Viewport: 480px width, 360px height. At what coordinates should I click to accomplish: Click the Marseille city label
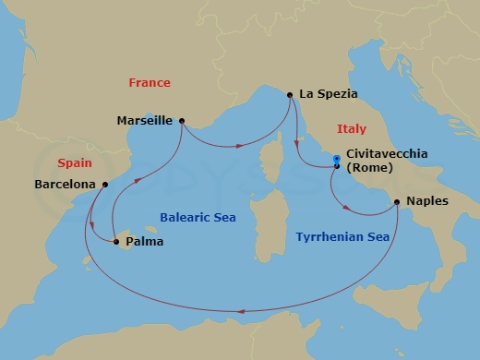click(146, 120)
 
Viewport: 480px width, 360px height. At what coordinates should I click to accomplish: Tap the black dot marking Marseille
click(181, 120)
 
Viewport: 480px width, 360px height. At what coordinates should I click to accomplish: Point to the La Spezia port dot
click(291, 94)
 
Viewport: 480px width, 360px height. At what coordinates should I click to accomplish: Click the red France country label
click(150, 83)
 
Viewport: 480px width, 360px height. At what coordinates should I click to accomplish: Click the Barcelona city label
click(65, 184)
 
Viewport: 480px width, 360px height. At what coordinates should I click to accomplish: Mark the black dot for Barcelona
click(105, 184)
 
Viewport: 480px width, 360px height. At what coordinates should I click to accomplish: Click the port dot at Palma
click(117, 242)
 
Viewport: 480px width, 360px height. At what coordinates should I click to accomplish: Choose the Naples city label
click(426, 201)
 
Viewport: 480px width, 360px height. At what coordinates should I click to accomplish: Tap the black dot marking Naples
click(397, 201)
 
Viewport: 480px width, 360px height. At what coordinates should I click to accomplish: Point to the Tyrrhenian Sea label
click(342, 237)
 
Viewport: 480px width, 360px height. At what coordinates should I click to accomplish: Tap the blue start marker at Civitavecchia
click(337, 161)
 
